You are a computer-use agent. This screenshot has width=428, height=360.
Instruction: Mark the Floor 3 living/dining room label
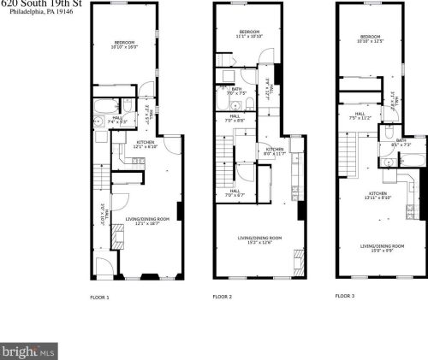pyautogui.click(x=377, y=248)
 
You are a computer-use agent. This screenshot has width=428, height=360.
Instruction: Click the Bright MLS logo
pyautogui.click(x=28, y=351)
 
